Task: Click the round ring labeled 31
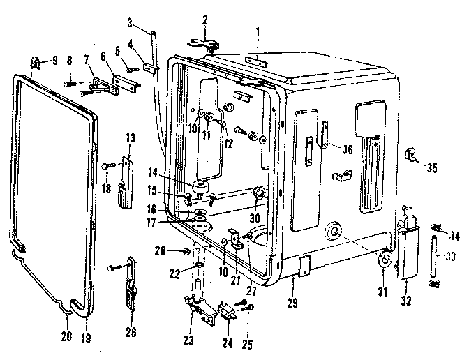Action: pyautogui.click(x=385, y=262)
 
